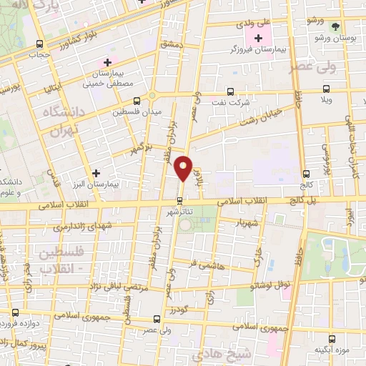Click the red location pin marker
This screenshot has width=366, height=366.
pyautogui.click(x=184, y=169)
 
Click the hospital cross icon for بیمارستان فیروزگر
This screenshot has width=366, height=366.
pyautogui.click(x=258, y=36)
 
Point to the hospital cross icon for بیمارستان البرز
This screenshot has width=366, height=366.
pyautogui.click(x=97, y=172)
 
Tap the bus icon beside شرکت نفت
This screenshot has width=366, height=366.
pyautogui.click(x=229, y=91)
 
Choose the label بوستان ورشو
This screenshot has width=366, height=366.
pyautogui.click(x=337, y=37)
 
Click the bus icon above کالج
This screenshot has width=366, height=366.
pyautogui.click(x=307, y=173)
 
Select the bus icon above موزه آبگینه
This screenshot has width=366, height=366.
pyautogui.click(x=330, y=339)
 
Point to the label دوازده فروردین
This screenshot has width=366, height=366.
pyautogui.click(x=27, y=323)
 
